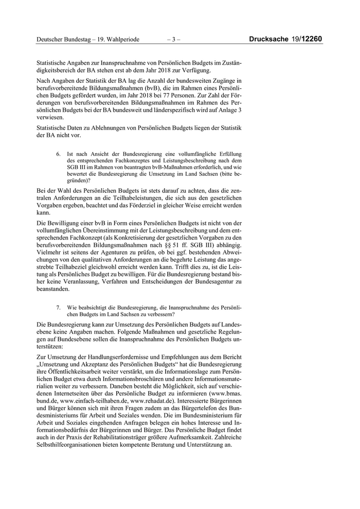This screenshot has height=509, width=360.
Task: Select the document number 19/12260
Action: coord(309,39)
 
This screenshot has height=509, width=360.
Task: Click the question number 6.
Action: coord(59,154)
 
